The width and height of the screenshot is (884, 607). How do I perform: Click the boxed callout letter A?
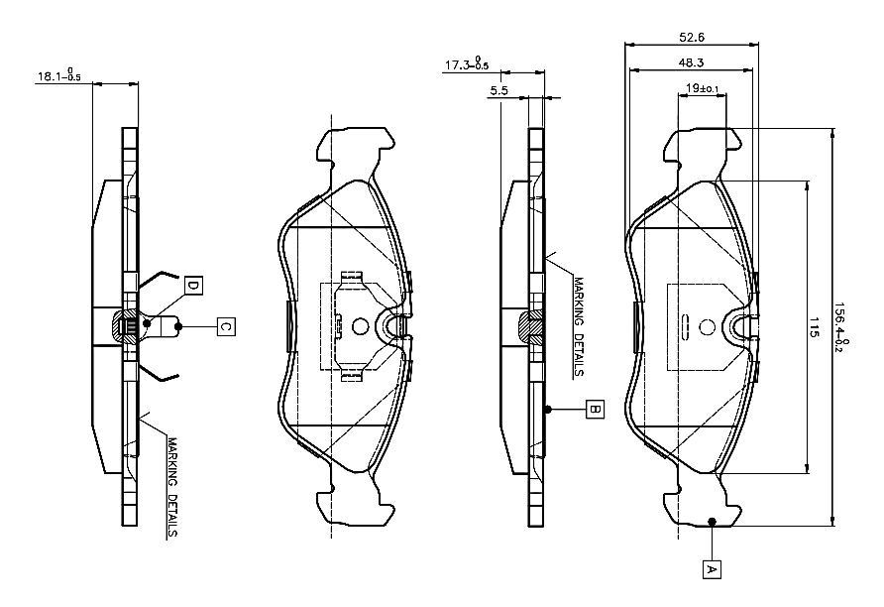point(712,569)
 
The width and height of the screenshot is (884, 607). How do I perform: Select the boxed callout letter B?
point(595,409)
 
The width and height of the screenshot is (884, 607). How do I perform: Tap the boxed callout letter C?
point(226,326)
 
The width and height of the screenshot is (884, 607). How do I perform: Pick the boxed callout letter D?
point(193,286)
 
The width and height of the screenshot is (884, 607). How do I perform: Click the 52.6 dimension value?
point(691,38)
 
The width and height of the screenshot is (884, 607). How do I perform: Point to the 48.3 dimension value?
point(691,62)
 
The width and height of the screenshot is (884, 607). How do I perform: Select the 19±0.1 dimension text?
point(702,88)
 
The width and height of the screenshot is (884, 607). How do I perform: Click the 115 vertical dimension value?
point(814,326)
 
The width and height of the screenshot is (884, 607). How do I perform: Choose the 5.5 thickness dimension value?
point(498,90)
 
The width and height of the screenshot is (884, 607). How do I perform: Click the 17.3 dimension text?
point(467,63)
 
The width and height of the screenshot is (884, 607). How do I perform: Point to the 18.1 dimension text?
point(59,75)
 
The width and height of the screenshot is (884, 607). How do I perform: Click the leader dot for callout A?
point(712,522)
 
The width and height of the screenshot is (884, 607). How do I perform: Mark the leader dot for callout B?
point(547,409)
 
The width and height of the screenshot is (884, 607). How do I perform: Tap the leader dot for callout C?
point(178,326)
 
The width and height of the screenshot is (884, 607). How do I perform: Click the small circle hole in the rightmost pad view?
point(707,326)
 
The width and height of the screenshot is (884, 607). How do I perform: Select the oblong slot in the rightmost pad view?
point(686,326)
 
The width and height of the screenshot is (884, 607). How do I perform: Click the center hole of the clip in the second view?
point(360,325)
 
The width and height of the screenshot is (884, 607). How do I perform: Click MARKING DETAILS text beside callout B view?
point(579,326)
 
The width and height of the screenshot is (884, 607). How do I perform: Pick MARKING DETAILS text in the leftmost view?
point(172,488)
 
